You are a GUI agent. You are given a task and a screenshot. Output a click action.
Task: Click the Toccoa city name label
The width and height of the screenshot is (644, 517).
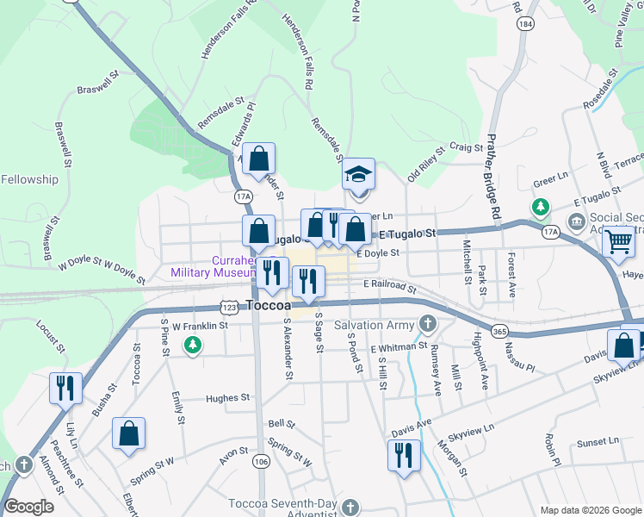coord(272,305)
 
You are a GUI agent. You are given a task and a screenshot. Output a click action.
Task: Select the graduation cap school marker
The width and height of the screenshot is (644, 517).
coord(358,176)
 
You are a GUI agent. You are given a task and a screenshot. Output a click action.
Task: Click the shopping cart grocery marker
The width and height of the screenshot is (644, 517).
coord(618,242)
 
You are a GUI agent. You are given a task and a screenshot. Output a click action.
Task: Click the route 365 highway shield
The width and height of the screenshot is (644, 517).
coord(498,331)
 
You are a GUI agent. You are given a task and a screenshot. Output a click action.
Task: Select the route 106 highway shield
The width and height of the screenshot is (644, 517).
coord(259,463)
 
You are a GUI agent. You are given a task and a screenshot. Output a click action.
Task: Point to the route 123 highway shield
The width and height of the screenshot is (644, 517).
coord(229,307)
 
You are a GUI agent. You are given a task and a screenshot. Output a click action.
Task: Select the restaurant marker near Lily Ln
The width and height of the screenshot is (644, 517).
coord(65,389)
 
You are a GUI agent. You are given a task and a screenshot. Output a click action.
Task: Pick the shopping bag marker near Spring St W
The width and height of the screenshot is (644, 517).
coord(128,434)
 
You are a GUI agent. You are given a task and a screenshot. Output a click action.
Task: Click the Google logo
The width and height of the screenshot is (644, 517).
coord(29,508)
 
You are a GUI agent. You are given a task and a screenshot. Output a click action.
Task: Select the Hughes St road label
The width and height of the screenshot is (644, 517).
coord(227,398)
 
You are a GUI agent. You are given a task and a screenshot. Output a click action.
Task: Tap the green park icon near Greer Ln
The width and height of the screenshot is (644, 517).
coord(540,207)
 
